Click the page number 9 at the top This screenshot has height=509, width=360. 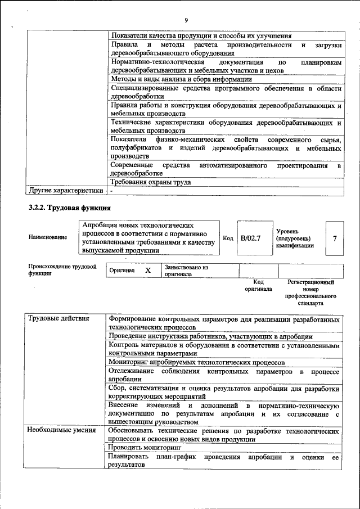pyautogui.click(x=186, y=21)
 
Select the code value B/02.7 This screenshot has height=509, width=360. pyautogui.click(x=250, y=238)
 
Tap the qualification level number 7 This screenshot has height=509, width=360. pyautogui.click(x=335, y=238)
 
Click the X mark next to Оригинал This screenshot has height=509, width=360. pyautogui.click(x=148, y=271)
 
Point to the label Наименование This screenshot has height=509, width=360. pyautogui.click(x=48, y=237)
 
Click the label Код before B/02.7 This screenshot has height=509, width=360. pyautogui.click(x=228, y=238)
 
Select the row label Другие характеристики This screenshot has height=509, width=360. pyautogui.click(x=66, y=191)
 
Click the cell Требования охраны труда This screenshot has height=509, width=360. pyautogui.click(x=151, y=182)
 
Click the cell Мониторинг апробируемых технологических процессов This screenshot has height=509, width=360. pyautogui.click(x=197, y=363)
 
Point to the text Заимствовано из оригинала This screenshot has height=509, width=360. pyautogui.click(x=186, y=271)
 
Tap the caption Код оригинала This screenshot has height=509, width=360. pyautogui.click(x=259, y=285)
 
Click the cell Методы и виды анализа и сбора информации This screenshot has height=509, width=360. pyautogui.click(x=181, y=79)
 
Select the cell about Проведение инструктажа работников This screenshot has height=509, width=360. pyautogui.click(x=210, y=336)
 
